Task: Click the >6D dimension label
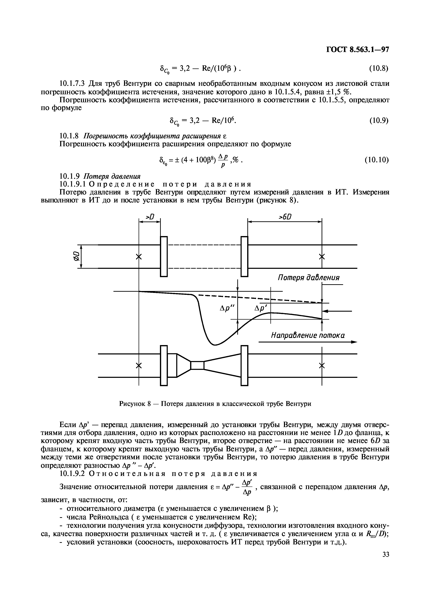point(285,217)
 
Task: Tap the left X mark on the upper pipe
point(139,257)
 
